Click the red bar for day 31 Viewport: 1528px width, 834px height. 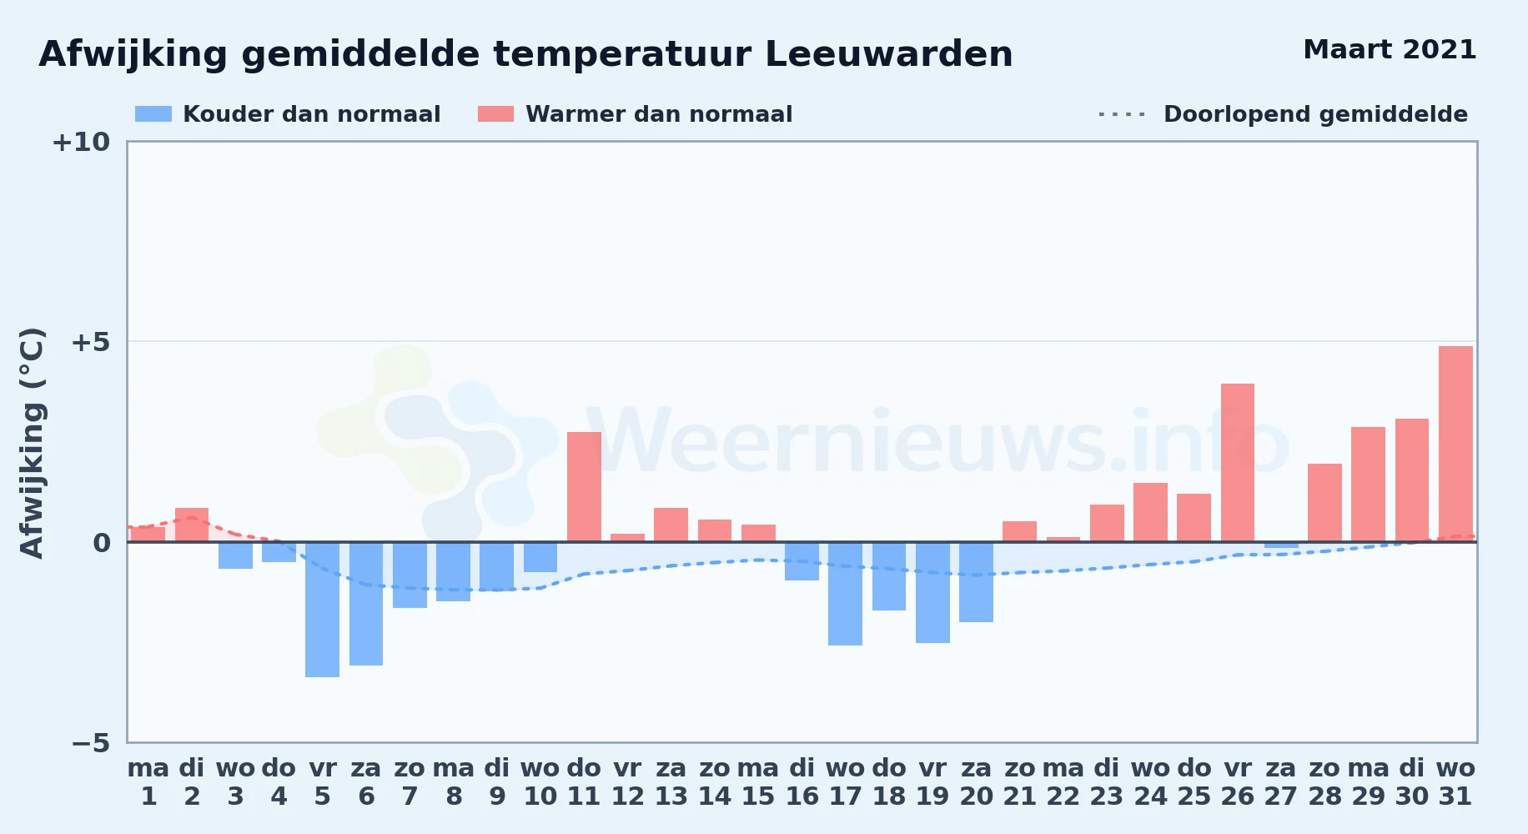[1455, 444]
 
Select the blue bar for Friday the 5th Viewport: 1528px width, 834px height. [322, 610]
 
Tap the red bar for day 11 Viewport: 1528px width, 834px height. [584, 487]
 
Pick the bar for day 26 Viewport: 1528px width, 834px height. [1238, 463]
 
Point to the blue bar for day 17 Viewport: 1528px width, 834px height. [845, 594]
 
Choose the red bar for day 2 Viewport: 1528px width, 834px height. [192, 525]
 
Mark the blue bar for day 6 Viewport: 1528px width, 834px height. [366, 604]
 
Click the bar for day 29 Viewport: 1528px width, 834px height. [1368, 485]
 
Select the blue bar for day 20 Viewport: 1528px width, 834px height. [976, 582]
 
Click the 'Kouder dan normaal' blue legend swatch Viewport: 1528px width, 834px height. [153, 114]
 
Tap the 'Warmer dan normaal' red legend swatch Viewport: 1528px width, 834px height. [495, 114]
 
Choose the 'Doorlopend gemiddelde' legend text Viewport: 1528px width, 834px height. [1315, 114]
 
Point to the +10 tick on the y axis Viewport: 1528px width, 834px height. [81, 142]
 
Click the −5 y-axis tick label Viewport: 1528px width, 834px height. [90, 743]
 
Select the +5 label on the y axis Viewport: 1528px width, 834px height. [90, 342]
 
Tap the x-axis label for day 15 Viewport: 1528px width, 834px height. [758, 782]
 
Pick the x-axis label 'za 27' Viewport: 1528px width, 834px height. [1281, 782]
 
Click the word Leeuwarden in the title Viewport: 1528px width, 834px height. [888, 54]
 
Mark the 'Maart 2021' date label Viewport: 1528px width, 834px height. [1390, 50]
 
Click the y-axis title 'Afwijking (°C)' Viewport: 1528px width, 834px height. [32, 443]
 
